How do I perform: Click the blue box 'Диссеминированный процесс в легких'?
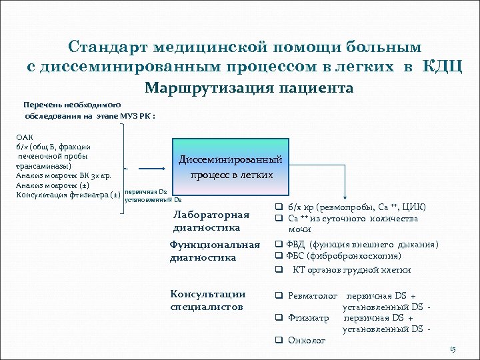(231, 167)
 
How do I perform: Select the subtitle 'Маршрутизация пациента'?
(249, 88)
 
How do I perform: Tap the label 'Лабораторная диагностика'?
(211, 221)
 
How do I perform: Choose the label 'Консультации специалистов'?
(208, 300)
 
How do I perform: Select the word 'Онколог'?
(307, 340)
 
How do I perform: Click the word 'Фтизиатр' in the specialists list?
(309, 317)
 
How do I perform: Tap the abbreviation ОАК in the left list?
(24, 137)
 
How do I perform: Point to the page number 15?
(453, 349)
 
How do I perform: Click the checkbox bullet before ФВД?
(280, 245)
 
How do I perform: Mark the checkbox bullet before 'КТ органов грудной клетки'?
(280, 269)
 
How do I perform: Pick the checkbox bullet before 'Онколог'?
(280, 340)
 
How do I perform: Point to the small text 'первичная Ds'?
(141, 192)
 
